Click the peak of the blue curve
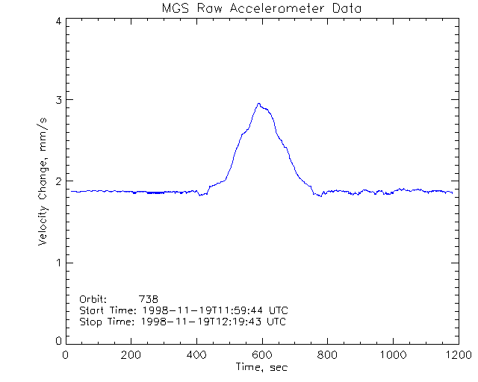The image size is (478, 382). coord(258,104)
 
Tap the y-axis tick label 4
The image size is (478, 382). coord(58,21)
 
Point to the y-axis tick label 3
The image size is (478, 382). coord(58,100)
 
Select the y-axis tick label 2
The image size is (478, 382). coord(58,181)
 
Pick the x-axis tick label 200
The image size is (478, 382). coord(131,355)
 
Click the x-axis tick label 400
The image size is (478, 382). coord(196,355)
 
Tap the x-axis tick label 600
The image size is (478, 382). coord(261,355)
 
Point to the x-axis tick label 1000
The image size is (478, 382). coord(392,355)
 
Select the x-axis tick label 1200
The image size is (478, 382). coord(457,355)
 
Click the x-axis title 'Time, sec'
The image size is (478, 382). coord(261,367)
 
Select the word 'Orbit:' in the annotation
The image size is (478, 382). coord(93,298)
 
